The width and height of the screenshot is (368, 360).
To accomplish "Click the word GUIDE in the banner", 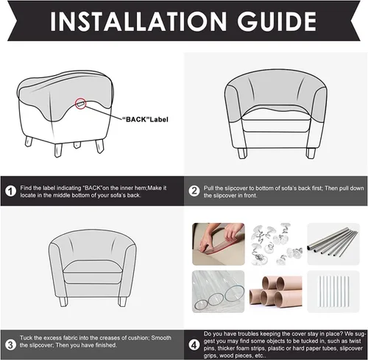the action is click(x=277, y=21).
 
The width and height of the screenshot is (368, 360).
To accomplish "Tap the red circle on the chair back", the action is click(x=81, y=104).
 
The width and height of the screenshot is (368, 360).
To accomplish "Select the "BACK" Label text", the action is click(x=145, y=119).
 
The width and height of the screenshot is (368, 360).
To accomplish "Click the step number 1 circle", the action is click(x=10, y=191).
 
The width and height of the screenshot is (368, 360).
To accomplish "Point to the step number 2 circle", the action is click(x=194, y=191).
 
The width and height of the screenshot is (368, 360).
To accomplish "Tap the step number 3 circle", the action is click(x=10, y=345).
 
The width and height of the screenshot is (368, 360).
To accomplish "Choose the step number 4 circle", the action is click(x=194, y=345).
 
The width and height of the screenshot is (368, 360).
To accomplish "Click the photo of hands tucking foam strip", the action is click(x=219, y=244).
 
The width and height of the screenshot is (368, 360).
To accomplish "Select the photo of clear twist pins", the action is click(x=276, y=244).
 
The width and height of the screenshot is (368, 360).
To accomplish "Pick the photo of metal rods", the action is click(x=333, y=244).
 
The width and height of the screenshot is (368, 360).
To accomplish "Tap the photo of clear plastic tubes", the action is click(x=219, y=292).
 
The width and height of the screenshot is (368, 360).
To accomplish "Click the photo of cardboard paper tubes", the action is click(x=276, y=292).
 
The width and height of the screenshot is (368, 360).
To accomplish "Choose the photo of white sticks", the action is click(x=333, y=292).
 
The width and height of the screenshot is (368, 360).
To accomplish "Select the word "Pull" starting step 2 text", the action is click(x=208, y=188).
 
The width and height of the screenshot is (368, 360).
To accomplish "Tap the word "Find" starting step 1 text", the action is click(x=26, y=188).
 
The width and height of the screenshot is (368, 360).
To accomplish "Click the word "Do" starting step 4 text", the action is click(x=208, y=333).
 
